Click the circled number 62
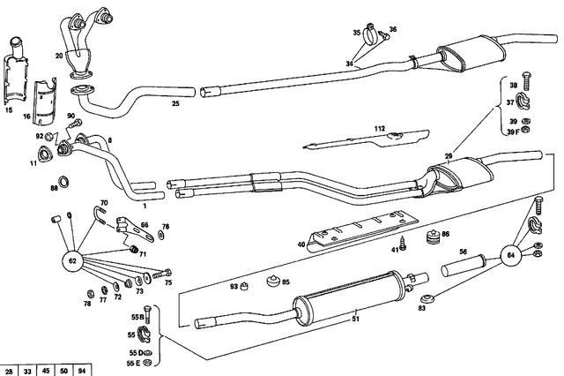tap(73, 261)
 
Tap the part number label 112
tap(379, 129)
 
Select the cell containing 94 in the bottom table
tap(81, 369)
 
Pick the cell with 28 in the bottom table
tap(9, 369)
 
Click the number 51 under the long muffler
tap(355, 319)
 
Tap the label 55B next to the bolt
tap(136, 316)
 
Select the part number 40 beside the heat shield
tap(301, 244)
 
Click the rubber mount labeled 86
tap(433, 238)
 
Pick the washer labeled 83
tap(427, 297)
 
